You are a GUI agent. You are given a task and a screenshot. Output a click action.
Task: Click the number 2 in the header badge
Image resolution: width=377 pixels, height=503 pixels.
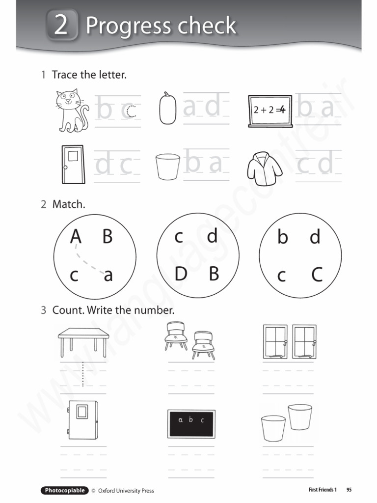61,25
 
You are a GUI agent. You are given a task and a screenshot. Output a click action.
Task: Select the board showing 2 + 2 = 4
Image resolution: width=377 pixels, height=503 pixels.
270,111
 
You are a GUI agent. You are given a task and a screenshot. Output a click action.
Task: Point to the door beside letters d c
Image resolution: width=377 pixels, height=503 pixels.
73,164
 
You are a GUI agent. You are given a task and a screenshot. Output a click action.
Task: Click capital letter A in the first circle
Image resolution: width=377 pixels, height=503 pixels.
75,237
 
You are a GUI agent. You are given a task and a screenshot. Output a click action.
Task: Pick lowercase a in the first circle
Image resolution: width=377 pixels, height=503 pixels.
108,276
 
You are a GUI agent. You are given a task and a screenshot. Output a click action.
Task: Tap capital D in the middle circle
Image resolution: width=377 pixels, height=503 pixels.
181,274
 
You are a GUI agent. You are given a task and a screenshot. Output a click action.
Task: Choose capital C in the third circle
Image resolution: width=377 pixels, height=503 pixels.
317,275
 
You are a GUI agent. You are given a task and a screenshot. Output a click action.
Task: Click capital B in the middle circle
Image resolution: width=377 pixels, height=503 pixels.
214,274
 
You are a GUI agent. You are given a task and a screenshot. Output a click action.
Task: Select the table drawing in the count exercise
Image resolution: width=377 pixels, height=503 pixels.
83,342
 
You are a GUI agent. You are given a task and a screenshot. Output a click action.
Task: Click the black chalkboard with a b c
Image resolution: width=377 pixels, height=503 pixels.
191,423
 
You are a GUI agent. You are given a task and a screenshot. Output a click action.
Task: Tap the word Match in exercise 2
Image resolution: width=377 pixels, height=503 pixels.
69,204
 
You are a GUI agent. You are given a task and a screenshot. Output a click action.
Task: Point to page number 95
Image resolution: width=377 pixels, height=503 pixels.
349,490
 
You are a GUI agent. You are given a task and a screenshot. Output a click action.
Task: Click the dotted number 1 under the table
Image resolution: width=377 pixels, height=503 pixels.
83,374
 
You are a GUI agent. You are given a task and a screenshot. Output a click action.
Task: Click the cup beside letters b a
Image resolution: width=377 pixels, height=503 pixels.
167,167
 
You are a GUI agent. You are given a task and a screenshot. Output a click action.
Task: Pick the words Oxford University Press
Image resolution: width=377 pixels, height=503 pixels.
126,490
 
